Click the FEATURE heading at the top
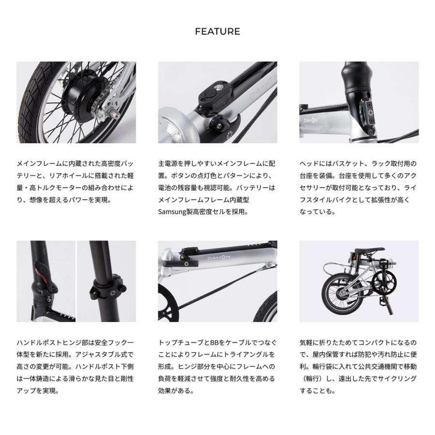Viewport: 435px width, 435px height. coord(217,32)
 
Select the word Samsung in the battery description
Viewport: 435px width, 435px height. coord(173,211)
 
